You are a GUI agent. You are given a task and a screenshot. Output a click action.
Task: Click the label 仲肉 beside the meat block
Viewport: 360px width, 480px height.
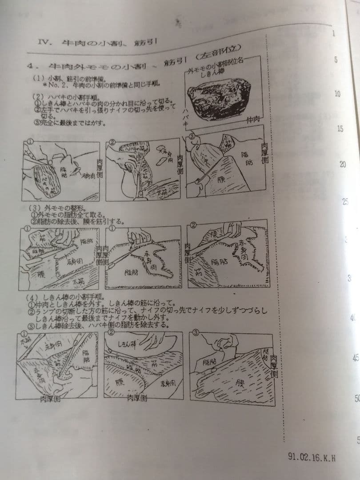[x=254, y=119]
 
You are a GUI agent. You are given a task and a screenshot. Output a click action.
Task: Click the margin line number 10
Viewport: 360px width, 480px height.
[x=337, y=94]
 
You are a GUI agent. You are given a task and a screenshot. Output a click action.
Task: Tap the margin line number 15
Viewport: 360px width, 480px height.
[x=340, y=129]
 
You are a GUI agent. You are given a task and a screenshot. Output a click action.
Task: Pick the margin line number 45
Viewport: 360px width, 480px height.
[x=356, y=357]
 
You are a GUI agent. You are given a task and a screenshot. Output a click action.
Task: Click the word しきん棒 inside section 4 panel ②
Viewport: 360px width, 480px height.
[x=127, y=344]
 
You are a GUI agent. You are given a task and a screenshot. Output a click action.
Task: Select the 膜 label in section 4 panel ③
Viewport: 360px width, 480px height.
[x=240, y=381]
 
